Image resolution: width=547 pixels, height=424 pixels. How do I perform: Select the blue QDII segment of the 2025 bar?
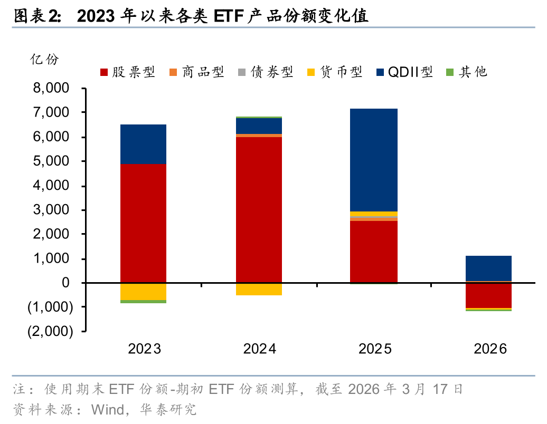coord(374,160)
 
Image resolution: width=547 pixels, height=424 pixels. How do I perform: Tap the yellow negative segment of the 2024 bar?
coord(259,289)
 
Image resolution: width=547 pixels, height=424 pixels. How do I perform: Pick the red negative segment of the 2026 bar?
coord(488,295)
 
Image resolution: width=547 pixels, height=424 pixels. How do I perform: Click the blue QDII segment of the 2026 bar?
coord(488,268)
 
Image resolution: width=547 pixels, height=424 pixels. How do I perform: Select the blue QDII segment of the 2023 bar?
coord(143,144)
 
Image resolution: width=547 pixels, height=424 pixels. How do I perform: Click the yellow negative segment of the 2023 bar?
coord(143,292)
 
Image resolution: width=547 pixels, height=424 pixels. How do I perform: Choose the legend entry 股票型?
coord(127,72)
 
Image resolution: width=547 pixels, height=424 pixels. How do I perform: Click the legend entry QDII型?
coord(403,72)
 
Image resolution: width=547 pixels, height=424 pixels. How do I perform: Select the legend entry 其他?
coord(466,72)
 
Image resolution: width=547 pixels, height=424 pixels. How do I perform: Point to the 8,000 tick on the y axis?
coord(51,89)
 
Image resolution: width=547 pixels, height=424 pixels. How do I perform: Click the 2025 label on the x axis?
coord(374,349)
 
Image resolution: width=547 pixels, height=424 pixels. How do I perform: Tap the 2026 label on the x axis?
coord(489,349)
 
